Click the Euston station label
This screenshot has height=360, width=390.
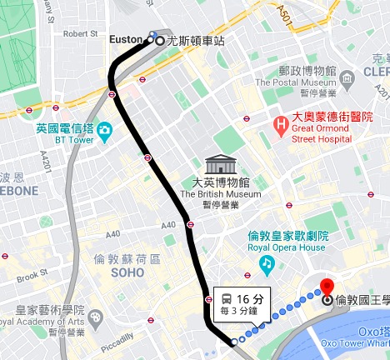point(126,39)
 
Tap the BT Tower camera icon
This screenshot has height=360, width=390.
point(104,131)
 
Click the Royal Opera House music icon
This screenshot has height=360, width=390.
point(267,265)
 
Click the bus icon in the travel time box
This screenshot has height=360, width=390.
point(226,299)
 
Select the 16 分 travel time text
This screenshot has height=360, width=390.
point(249,299)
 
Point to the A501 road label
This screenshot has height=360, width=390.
point(306,12)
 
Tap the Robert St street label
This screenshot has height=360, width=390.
point(81,34)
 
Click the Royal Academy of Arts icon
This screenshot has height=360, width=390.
point(97,317)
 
